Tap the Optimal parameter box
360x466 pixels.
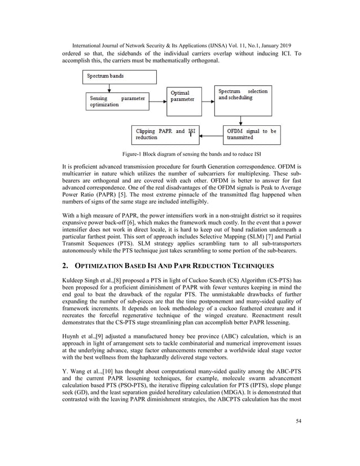point(186,98)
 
